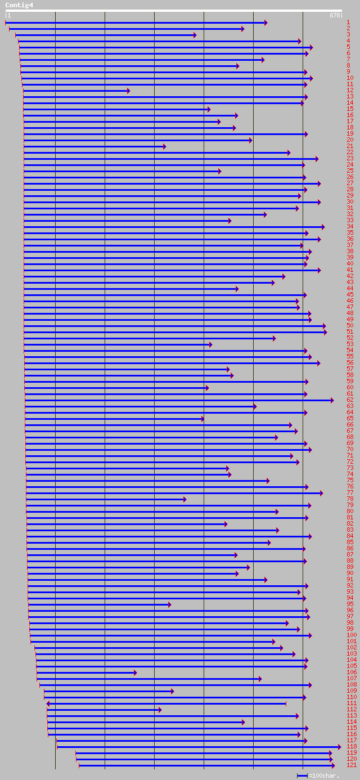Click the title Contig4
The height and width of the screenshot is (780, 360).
point(19,5)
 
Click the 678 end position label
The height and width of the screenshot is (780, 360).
point(335,15)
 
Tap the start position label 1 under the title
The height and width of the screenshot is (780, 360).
point(8,15)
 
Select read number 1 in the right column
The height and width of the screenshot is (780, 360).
point(349,22)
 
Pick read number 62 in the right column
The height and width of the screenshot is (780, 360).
point(350,400)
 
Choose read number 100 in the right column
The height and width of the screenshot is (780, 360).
point(351,635)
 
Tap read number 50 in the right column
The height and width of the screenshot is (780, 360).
point(350,325)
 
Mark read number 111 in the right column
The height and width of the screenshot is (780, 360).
point(351,703)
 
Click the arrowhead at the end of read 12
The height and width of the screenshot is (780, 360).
point(128,91)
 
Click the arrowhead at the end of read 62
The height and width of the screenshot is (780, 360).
point(332,400)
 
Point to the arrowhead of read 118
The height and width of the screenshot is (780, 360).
point(339,747)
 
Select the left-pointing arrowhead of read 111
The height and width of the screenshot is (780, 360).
point(48,703)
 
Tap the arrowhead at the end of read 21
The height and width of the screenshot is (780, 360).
point(164,146)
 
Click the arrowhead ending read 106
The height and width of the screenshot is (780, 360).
point(135,673)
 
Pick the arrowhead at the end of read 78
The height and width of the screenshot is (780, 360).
point(184,499)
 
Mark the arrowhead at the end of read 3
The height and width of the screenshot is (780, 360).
point(195,35)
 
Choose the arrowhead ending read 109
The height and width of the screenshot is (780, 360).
point(172,691)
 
